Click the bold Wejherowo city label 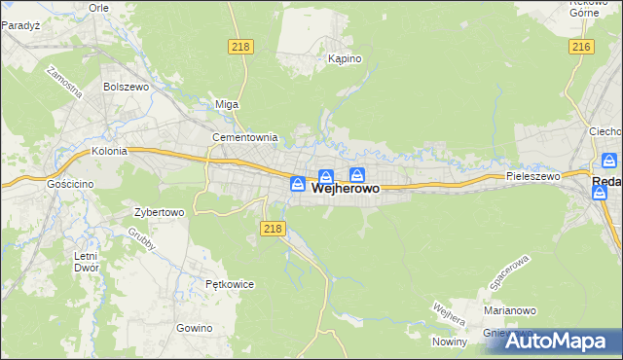[346, 192]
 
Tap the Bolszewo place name [124, 87]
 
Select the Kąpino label [345, 59]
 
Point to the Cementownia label [245, 138]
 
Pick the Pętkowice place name [230, 285]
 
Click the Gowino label [195, 328]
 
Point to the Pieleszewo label [533, 177]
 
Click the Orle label [98, 7]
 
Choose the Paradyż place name [19, 27]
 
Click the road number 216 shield [582, 47]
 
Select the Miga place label [226, 105]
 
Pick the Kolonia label [110, 152]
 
